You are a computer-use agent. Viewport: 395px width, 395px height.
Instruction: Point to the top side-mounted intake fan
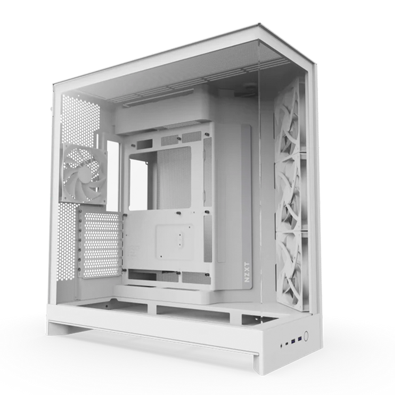[288, 118]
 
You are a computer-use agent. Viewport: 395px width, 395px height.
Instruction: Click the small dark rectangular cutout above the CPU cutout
[145, 143]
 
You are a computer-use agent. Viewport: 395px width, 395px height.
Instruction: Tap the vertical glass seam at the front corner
[260, 178]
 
